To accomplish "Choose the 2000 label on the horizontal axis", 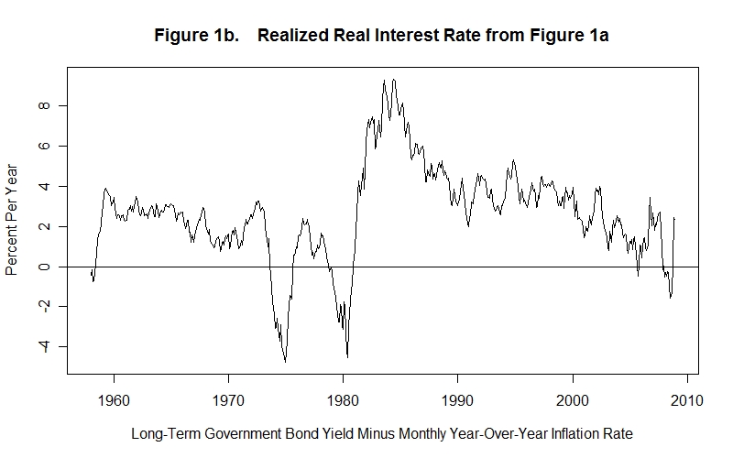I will [573, 399].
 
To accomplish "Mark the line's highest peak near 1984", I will [393, 80].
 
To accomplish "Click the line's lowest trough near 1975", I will [285, 362].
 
